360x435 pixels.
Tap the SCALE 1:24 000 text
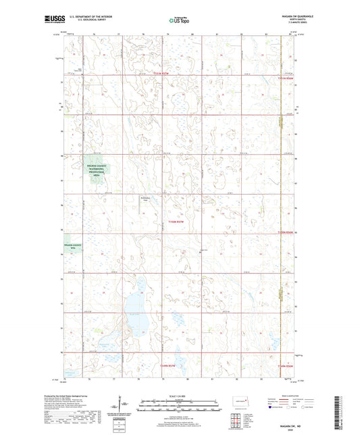180,396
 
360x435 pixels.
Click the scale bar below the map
180,407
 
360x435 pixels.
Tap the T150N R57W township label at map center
177,221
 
